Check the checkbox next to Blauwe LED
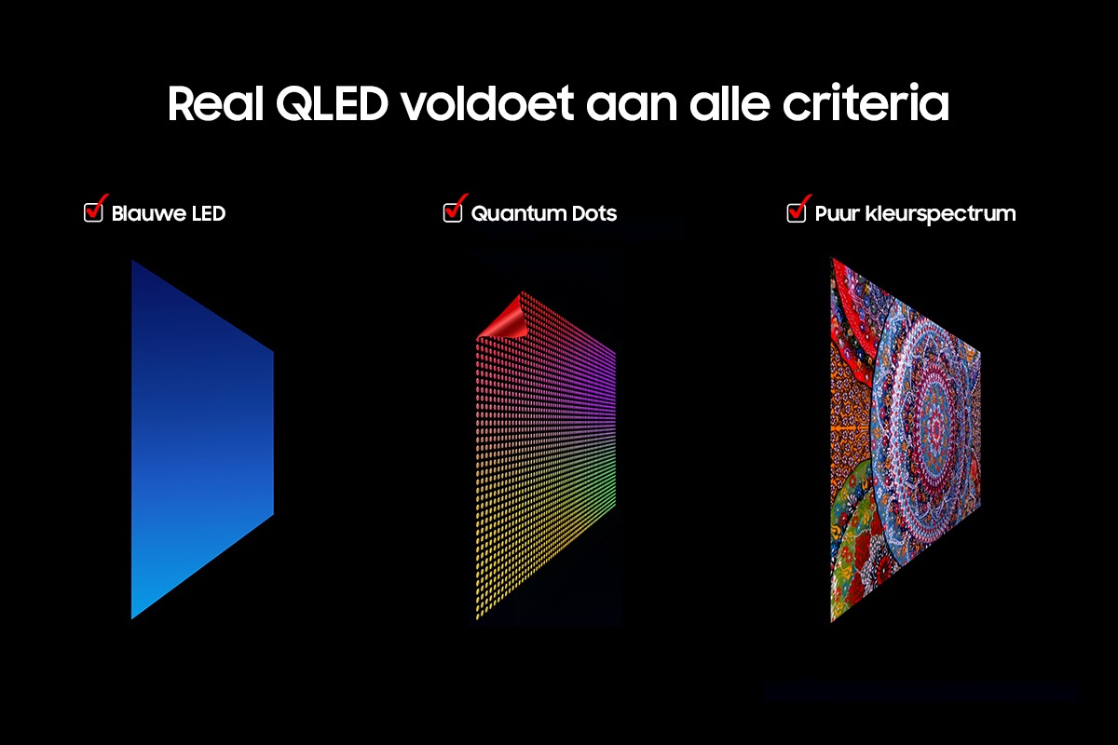[x=94, y=211]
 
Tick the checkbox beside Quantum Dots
[x=453, y=211]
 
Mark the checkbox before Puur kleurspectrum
[x=797, y=211]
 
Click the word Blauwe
[x=145, y=214]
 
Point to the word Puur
[x=836, y=214]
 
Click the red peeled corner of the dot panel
[x=504, y=319]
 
